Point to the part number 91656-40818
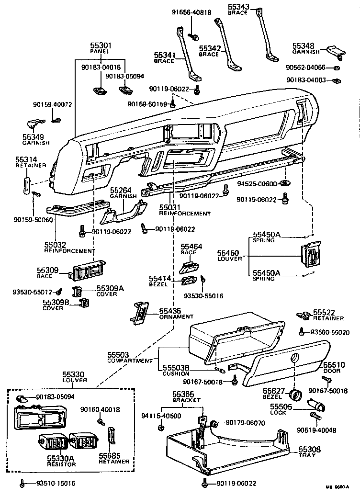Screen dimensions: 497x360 [192, 13]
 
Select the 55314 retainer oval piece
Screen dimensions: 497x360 [27, 184]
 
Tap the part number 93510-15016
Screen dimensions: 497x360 [56, 483]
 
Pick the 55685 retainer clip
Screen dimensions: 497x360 [112, 436]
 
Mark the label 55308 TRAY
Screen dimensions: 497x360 [312, 452]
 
